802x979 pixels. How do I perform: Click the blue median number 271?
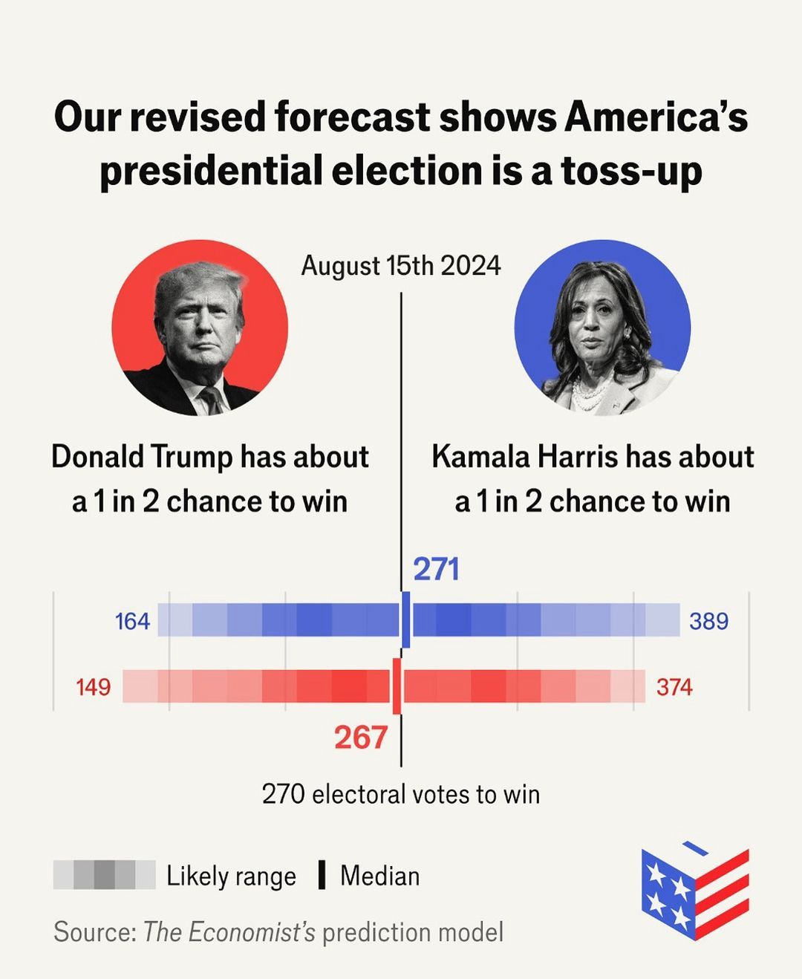(x=437, y=569)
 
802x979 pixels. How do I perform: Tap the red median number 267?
(x=360, y=738)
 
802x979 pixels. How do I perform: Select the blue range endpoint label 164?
(x=132, y=621)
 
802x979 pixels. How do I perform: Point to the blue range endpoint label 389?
(x=708, y=621)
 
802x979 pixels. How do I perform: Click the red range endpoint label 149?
(x=93, y=687)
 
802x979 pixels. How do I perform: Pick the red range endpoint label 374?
(x=674, y=687)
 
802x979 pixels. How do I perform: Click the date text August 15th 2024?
(x=401, y=266)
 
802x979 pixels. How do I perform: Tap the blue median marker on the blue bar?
(x=405, y=619)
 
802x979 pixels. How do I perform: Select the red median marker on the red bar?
(x=397, y=686)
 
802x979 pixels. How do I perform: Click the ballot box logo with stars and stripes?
(x=695, y=891)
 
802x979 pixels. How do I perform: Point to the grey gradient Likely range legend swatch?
(x=104, y=875)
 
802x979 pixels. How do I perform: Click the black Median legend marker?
(x=322, y=875)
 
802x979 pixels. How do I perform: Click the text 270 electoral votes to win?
(x=401, y=794)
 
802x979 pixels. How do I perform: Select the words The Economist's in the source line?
(x=229, y=931)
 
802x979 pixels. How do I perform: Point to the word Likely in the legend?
(x=197, y=876)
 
